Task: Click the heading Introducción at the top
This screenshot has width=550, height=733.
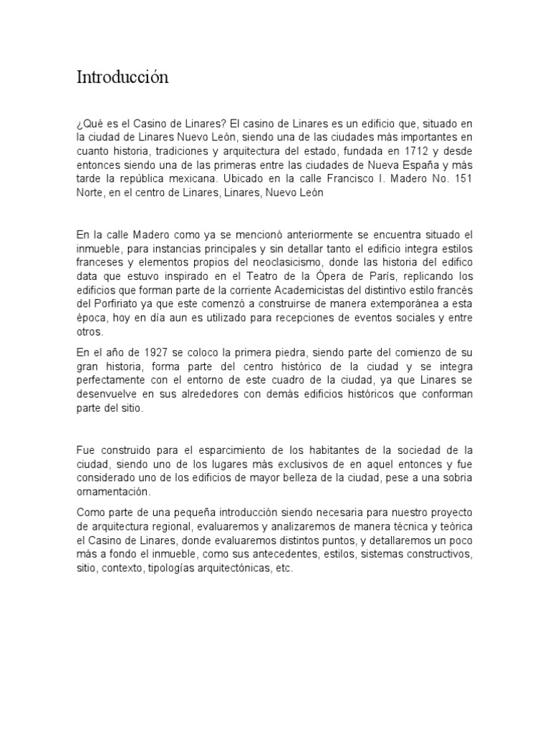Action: pos(122,77)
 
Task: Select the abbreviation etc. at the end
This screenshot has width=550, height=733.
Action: pos(284,568)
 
